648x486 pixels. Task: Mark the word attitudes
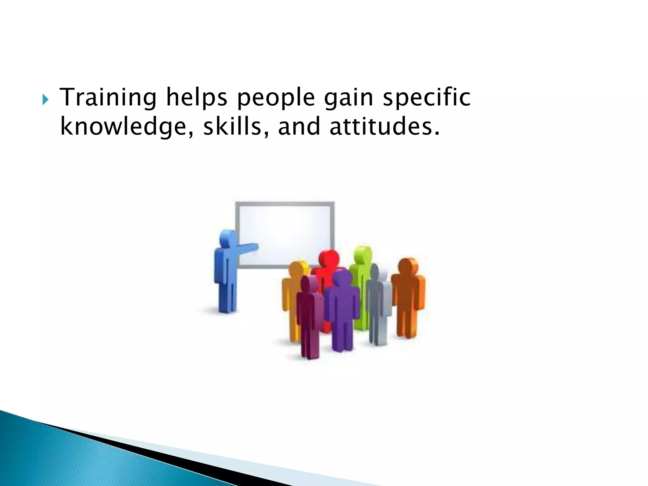pyautogui.click(x=384, y=127)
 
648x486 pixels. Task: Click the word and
pyautogui.click(x=299, y=127)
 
